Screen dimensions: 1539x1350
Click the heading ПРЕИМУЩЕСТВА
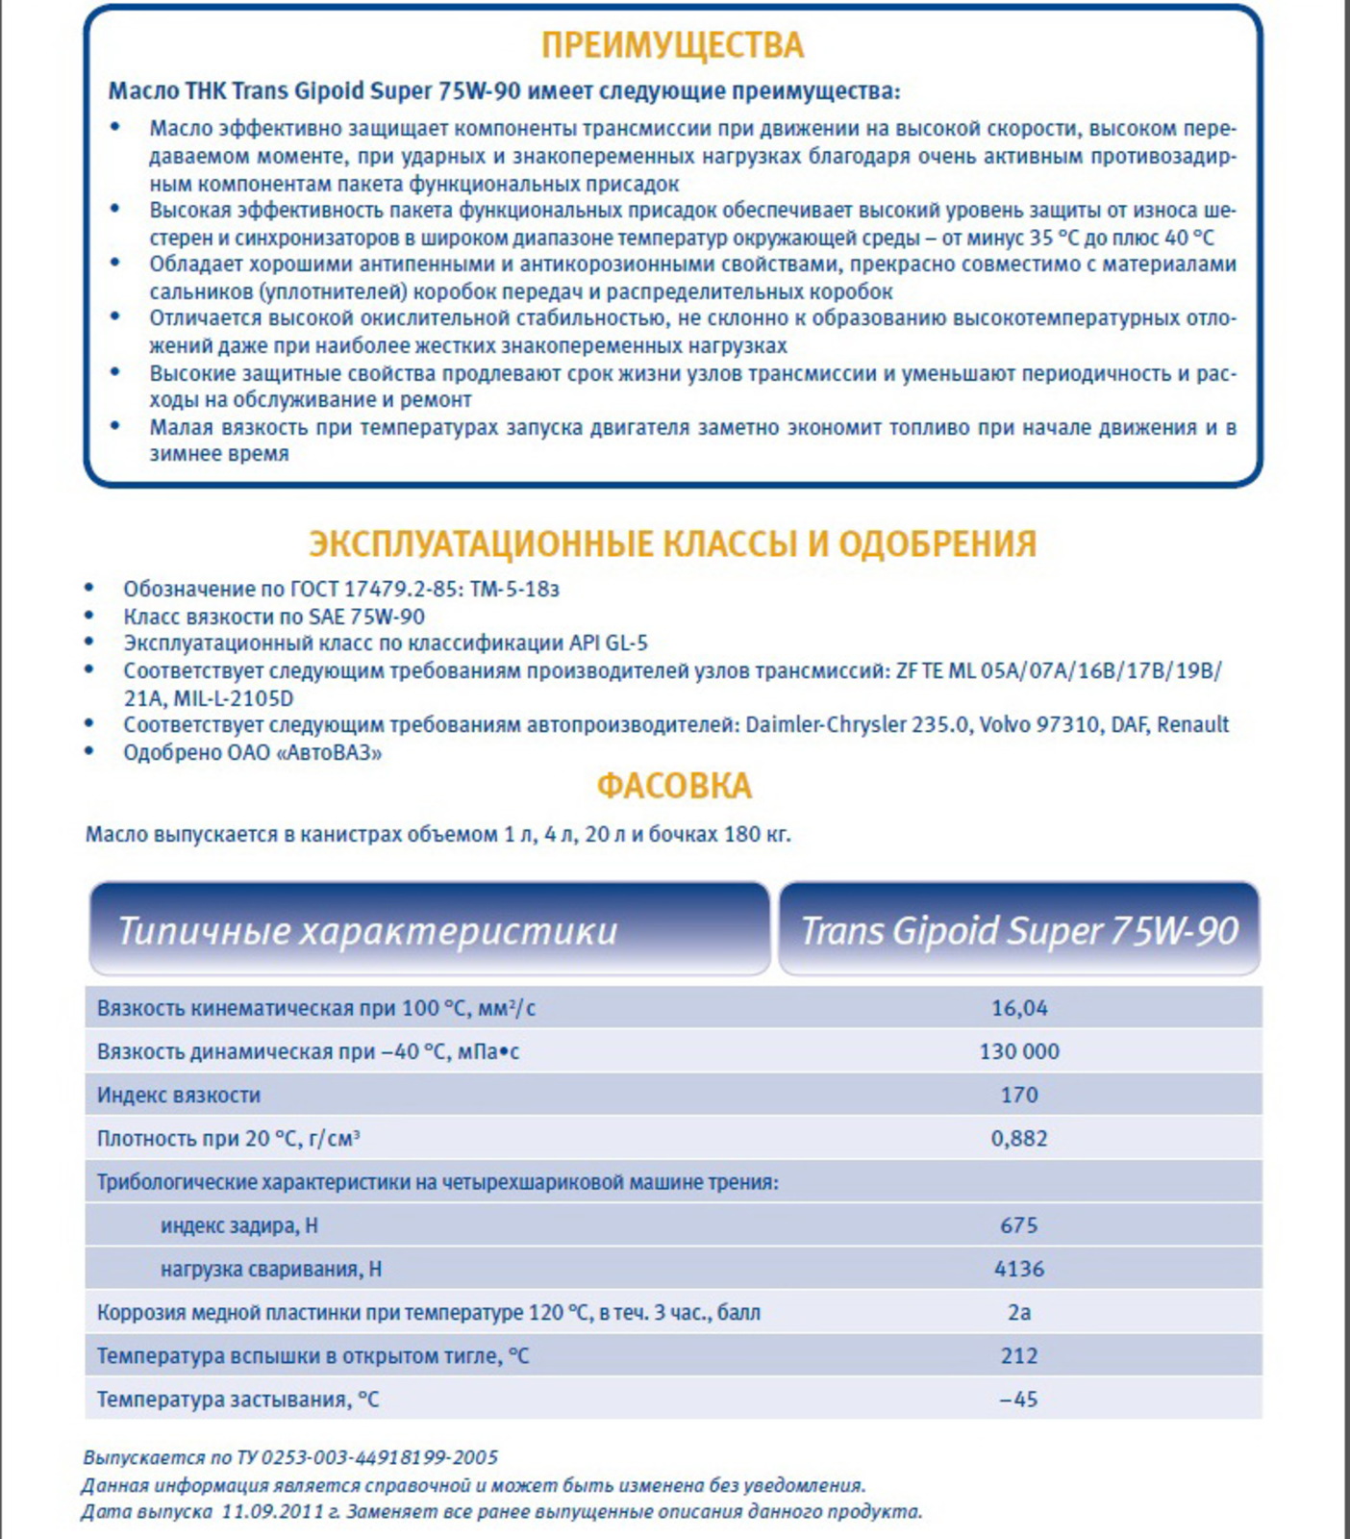[x=672, y=45]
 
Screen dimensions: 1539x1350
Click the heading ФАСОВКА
[x=674, y=786]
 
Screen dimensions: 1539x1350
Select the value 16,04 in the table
[x=1019, y=1008]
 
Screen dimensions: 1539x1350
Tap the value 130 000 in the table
[x=1019, y=1051]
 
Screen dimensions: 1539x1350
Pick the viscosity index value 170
[x=1019, y=1095]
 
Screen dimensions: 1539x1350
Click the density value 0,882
[x=1019, y=1138]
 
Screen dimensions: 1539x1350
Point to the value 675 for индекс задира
[x=1019, y=1225]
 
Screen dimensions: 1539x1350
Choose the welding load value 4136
[x=1019, y=1269]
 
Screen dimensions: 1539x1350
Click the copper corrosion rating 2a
[x=1019, y=1312]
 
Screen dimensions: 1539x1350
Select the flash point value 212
[x=1019, y=1355]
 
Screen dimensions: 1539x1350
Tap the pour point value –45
[x=1019, y=1399]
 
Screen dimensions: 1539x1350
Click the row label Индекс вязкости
[x=179, y=1095]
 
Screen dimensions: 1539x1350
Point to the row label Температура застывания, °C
[x=237, y=1399]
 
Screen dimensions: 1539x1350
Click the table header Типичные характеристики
[x=367, y=931]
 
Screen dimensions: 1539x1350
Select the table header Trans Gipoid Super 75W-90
[x=1019, y=931]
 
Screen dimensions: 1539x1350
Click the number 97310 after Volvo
[x=1067, y=724]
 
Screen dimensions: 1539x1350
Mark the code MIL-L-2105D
[x=234, y=698]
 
